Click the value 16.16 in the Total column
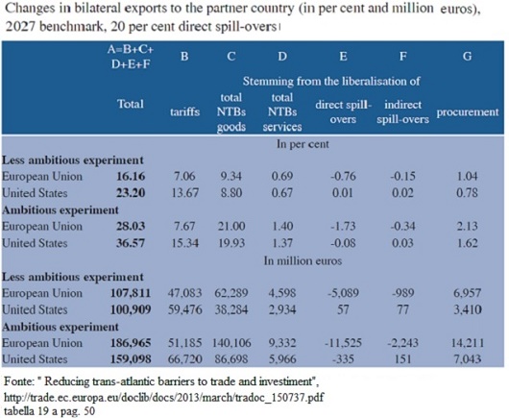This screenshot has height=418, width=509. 131,176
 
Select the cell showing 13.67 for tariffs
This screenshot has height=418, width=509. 184,193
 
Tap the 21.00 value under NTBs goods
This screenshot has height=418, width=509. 231,226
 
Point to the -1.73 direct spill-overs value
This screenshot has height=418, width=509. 343,226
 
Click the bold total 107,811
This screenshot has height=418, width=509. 131,293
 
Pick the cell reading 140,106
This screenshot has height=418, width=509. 231,343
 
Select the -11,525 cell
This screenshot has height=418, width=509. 343,343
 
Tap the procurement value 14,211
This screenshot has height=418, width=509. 468,343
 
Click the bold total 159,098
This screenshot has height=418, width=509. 131,358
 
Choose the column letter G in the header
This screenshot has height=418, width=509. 467,56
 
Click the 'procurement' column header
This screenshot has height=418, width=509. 468,112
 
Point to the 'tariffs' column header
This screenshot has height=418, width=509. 184,112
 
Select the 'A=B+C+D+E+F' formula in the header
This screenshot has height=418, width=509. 131,57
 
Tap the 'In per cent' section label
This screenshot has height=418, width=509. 303,144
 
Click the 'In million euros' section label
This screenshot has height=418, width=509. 303,260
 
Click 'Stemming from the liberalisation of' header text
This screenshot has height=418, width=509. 331,81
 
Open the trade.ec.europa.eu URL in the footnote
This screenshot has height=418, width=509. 164,397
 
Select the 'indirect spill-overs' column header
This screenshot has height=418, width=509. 402,112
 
